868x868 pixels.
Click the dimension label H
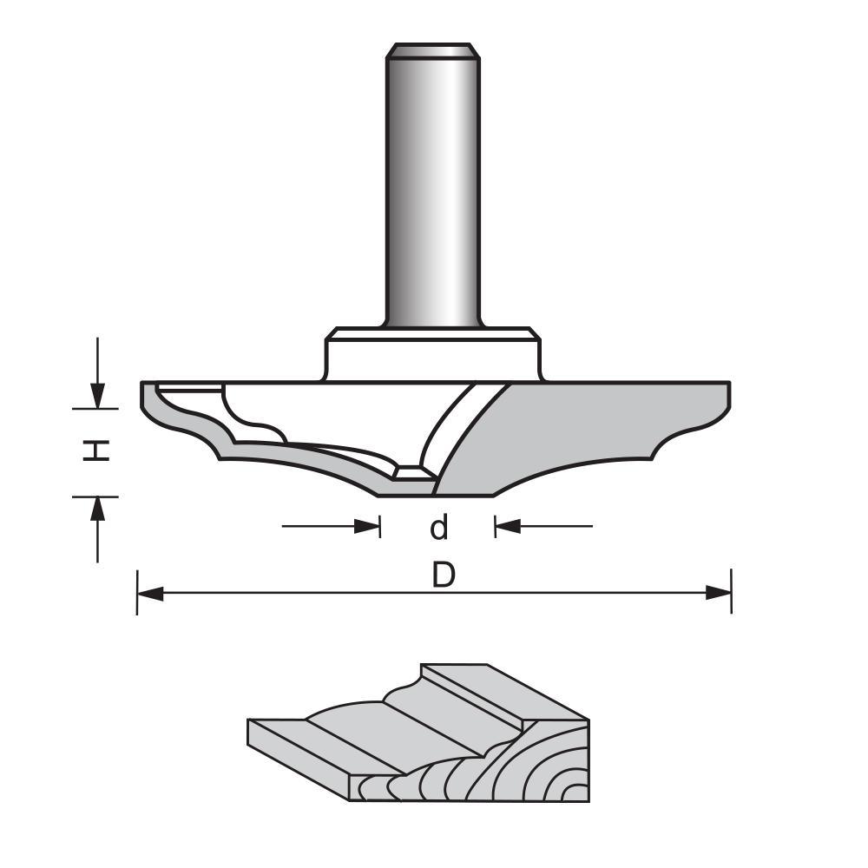pyautogui.click(x=99, y=450)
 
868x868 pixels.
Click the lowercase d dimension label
pyautogui.click(x=439, y=526)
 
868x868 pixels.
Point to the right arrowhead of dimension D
pyautogui.click(x=718, y=593)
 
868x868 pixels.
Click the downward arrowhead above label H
pyautogui.click(x=99, y=395)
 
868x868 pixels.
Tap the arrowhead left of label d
pyautogui.click(x=368, y=526)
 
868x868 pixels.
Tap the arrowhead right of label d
pyautogui.click(x=507, y=526)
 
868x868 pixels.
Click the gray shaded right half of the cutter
pyautogui.click(x=590, y=434)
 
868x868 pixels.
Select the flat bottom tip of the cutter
pyautogui.click(x=434, y=491)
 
